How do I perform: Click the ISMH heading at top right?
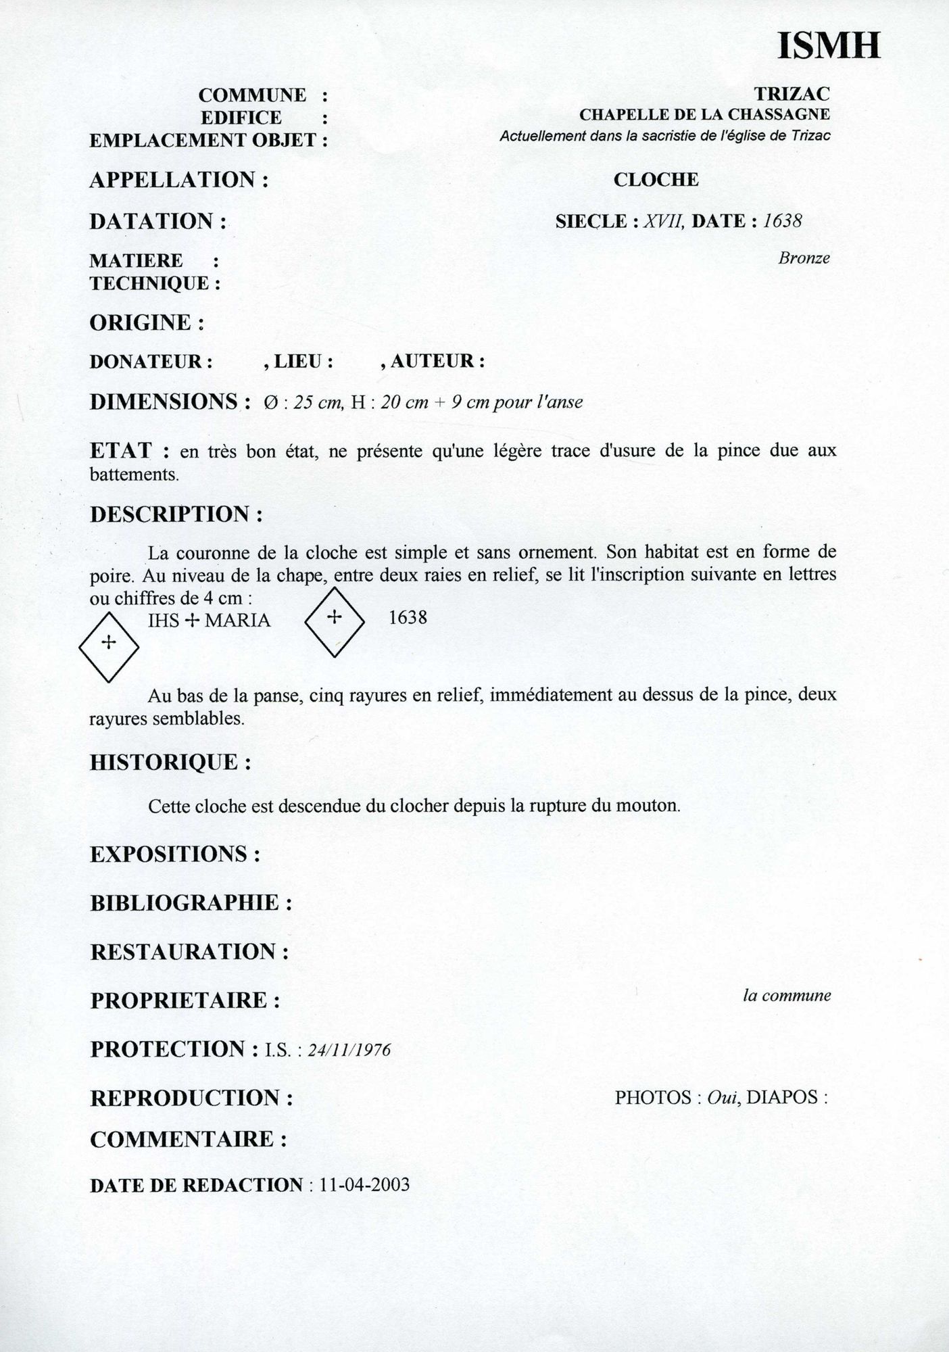(829, 45)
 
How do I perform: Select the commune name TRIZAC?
(792, 93)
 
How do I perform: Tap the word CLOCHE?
(656, 180)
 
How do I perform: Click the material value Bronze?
(804, 258)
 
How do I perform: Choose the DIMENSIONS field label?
(164, 402)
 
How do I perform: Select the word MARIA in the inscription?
(237, 620)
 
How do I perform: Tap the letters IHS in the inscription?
(164, 620)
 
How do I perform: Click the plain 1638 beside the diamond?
(408, 617)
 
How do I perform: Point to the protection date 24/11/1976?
(349, 1050)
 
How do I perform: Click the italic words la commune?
(787, 995)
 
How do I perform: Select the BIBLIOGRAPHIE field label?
(185, 902)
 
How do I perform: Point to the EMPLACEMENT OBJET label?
(203, 140)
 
